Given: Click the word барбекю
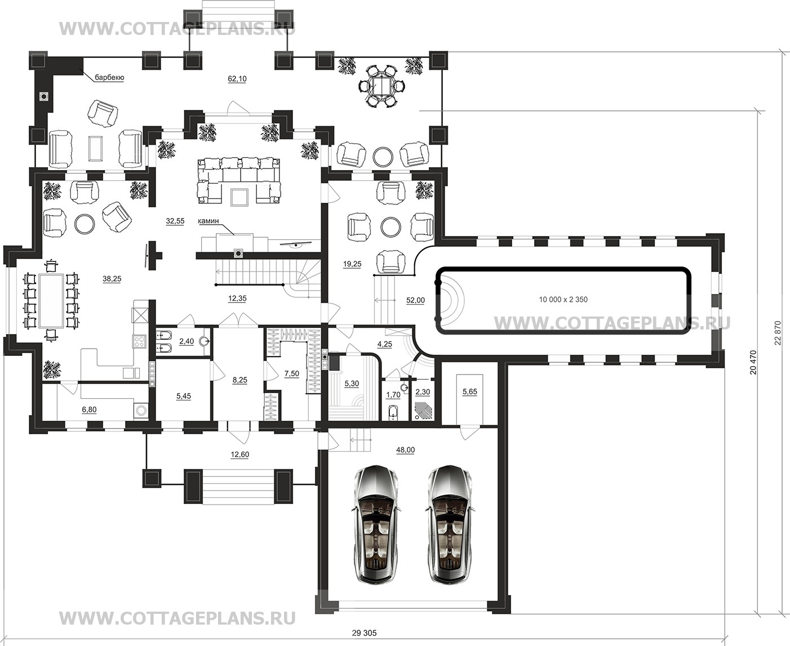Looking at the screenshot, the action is (109, 78).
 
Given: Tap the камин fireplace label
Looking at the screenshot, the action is (208, 221).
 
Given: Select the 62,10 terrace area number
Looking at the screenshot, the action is (237, 79).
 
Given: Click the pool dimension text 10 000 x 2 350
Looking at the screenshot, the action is (563, 299).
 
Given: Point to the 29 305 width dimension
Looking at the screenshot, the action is (364, 633).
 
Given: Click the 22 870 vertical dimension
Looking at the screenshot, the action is (778, 333).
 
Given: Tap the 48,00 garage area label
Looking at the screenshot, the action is (405, 450).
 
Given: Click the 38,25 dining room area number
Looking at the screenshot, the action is (112, 279).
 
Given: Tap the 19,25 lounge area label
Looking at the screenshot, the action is (352, 264).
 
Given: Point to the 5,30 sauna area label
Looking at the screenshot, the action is (352, 384).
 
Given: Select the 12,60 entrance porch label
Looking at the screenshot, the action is (239, 455).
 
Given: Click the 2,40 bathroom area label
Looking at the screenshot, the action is (187, 341).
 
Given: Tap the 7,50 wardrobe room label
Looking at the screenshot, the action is (292, 373).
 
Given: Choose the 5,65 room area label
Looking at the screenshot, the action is (470, 392).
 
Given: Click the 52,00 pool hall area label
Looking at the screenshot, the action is (415, 300).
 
